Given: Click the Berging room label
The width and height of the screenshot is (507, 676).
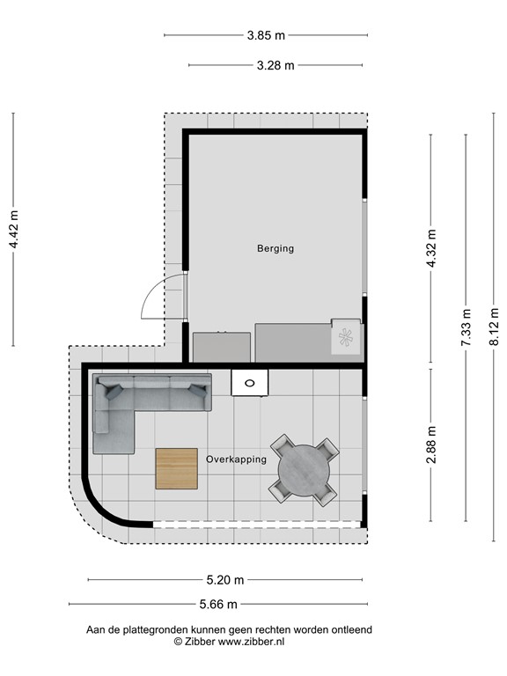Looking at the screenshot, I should point(275,248).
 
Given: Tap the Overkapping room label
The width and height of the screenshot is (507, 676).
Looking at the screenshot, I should point(236,459).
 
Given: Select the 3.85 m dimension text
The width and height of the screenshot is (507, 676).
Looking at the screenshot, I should point(265,35).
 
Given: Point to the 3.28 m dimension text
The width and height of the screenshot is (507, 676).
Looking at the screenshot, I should point(275,64).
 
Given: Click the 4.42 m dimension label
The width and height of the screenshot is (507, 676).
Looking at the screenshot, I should point(13,229).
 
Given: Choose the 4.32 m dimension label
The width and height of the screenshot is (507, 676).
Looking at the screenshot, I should point(430,248).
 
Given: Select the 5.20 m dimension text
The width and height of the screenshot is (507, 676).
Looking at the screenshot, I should point(224,580).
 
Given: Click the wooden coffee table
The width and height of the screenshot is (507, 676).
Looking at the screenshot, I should point(177,468).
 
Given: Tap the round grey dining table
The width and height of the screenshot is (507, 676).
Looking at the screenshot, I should point(304,470).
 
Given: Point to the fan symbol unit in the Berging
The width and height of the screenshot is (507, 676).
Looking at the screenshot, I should point(346,336).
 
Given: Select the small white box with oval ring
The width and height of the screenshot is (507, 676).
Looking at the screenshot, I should point(251,383).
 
